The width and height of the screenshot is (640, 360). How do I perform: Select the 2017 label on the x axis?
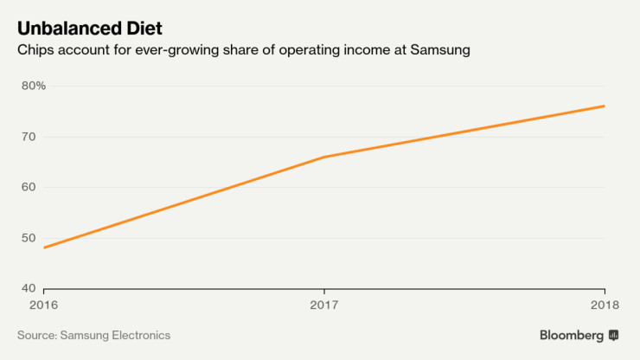323,305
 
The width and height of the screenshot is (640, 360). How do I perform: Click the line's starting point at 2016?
43,247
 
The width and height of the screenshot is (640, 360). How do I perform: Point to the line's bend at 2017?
323,157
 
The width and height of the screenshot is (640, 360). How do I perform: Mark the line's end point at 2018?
604,106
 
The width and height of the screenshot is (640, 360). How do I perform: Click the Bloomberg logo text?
572,335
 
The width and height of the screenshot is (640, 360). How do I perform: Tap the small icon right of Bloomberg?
614,335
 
